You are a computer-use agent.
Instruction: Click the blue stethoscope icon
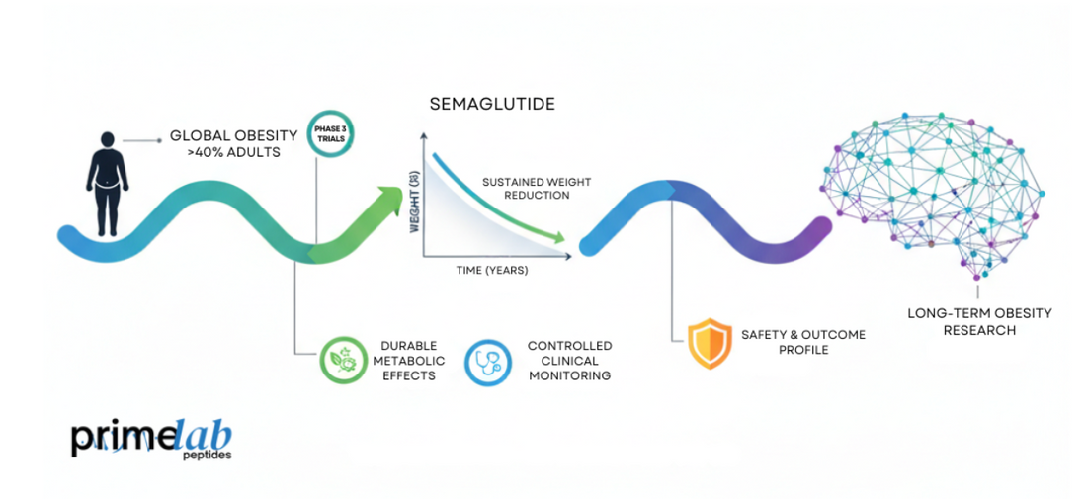pyautogui.click(x=487, y=361)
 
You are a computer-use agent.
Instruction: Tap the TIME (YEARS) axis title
pyautogui.click(x=492, y=270)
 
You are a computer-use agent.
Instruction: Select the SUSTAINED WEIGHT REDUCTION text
pyautogui.click(x=525, y=189)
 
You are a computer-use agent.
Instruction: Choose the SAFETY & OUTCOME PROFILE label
pyautogui.click(x=802, y=342)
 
